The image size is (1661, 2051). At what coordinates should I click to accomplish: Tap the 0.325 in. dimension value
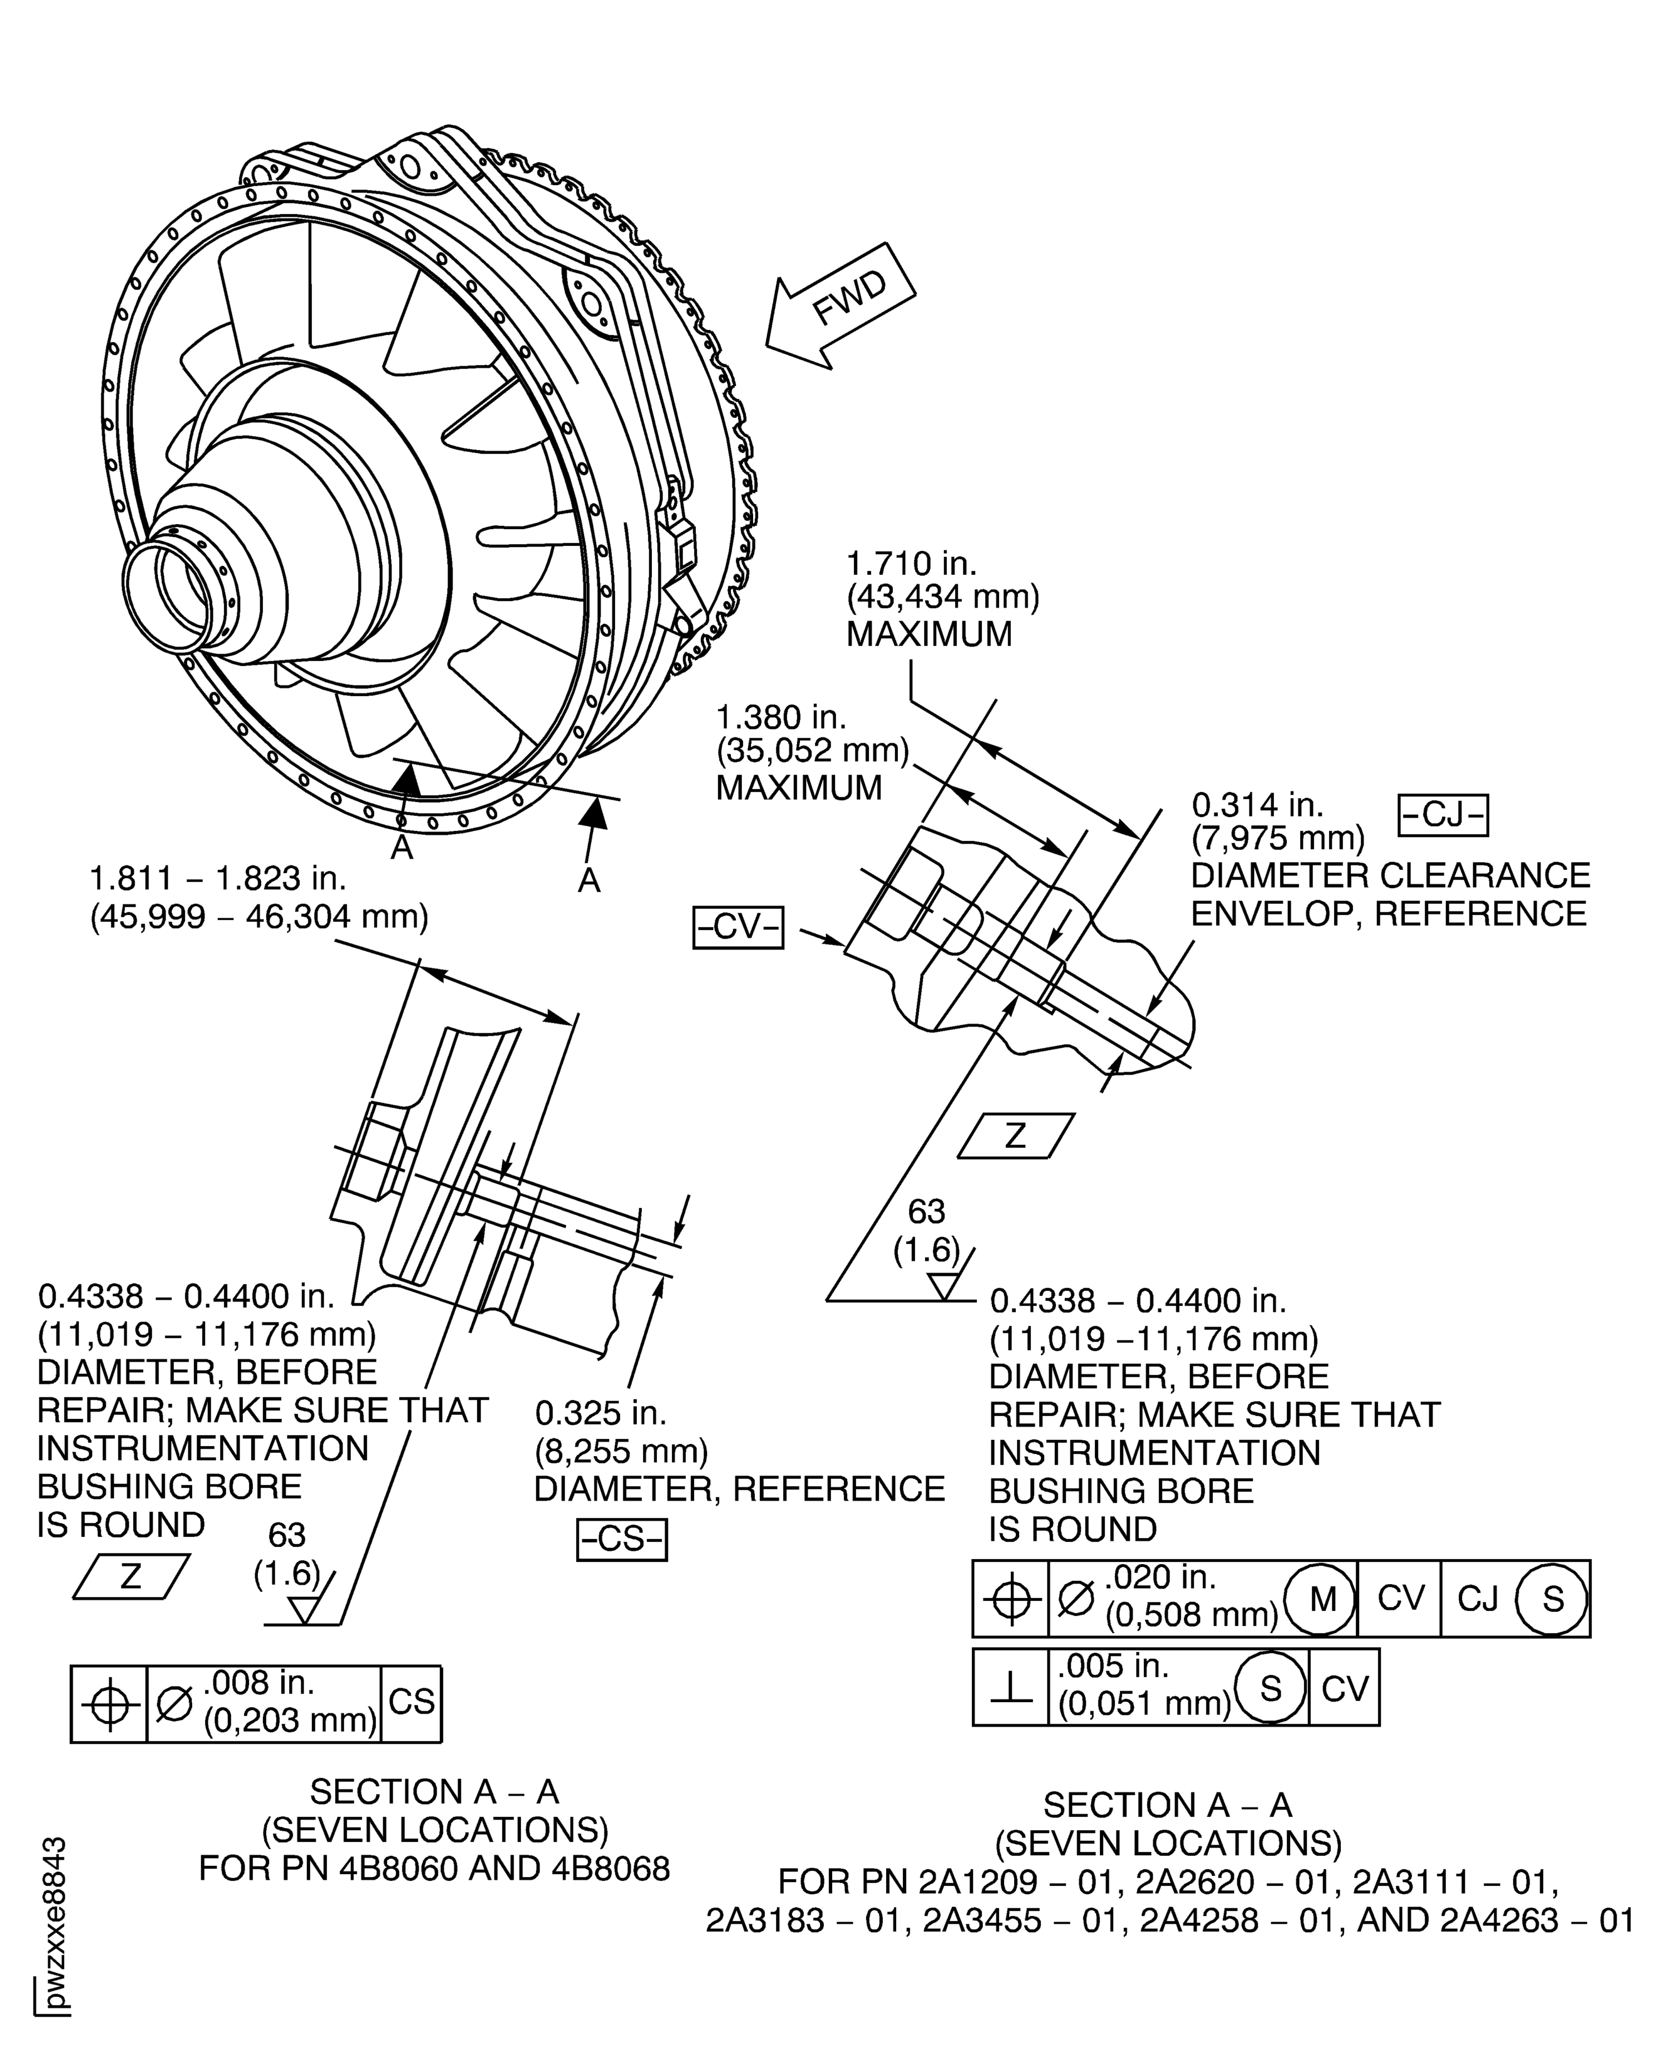[600, 1413]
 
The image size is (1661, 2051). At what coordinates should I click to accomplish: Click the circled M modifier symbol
[1322, 1599]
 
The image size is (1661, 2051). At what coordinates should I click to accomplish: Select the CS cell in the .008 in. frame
[412, 1701]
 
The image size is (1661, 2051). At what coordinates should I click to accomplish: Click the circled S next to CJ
[1552, 1599]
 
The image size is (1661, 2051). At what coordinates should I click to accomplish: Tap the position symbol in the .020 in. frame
[1010, 1599]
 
